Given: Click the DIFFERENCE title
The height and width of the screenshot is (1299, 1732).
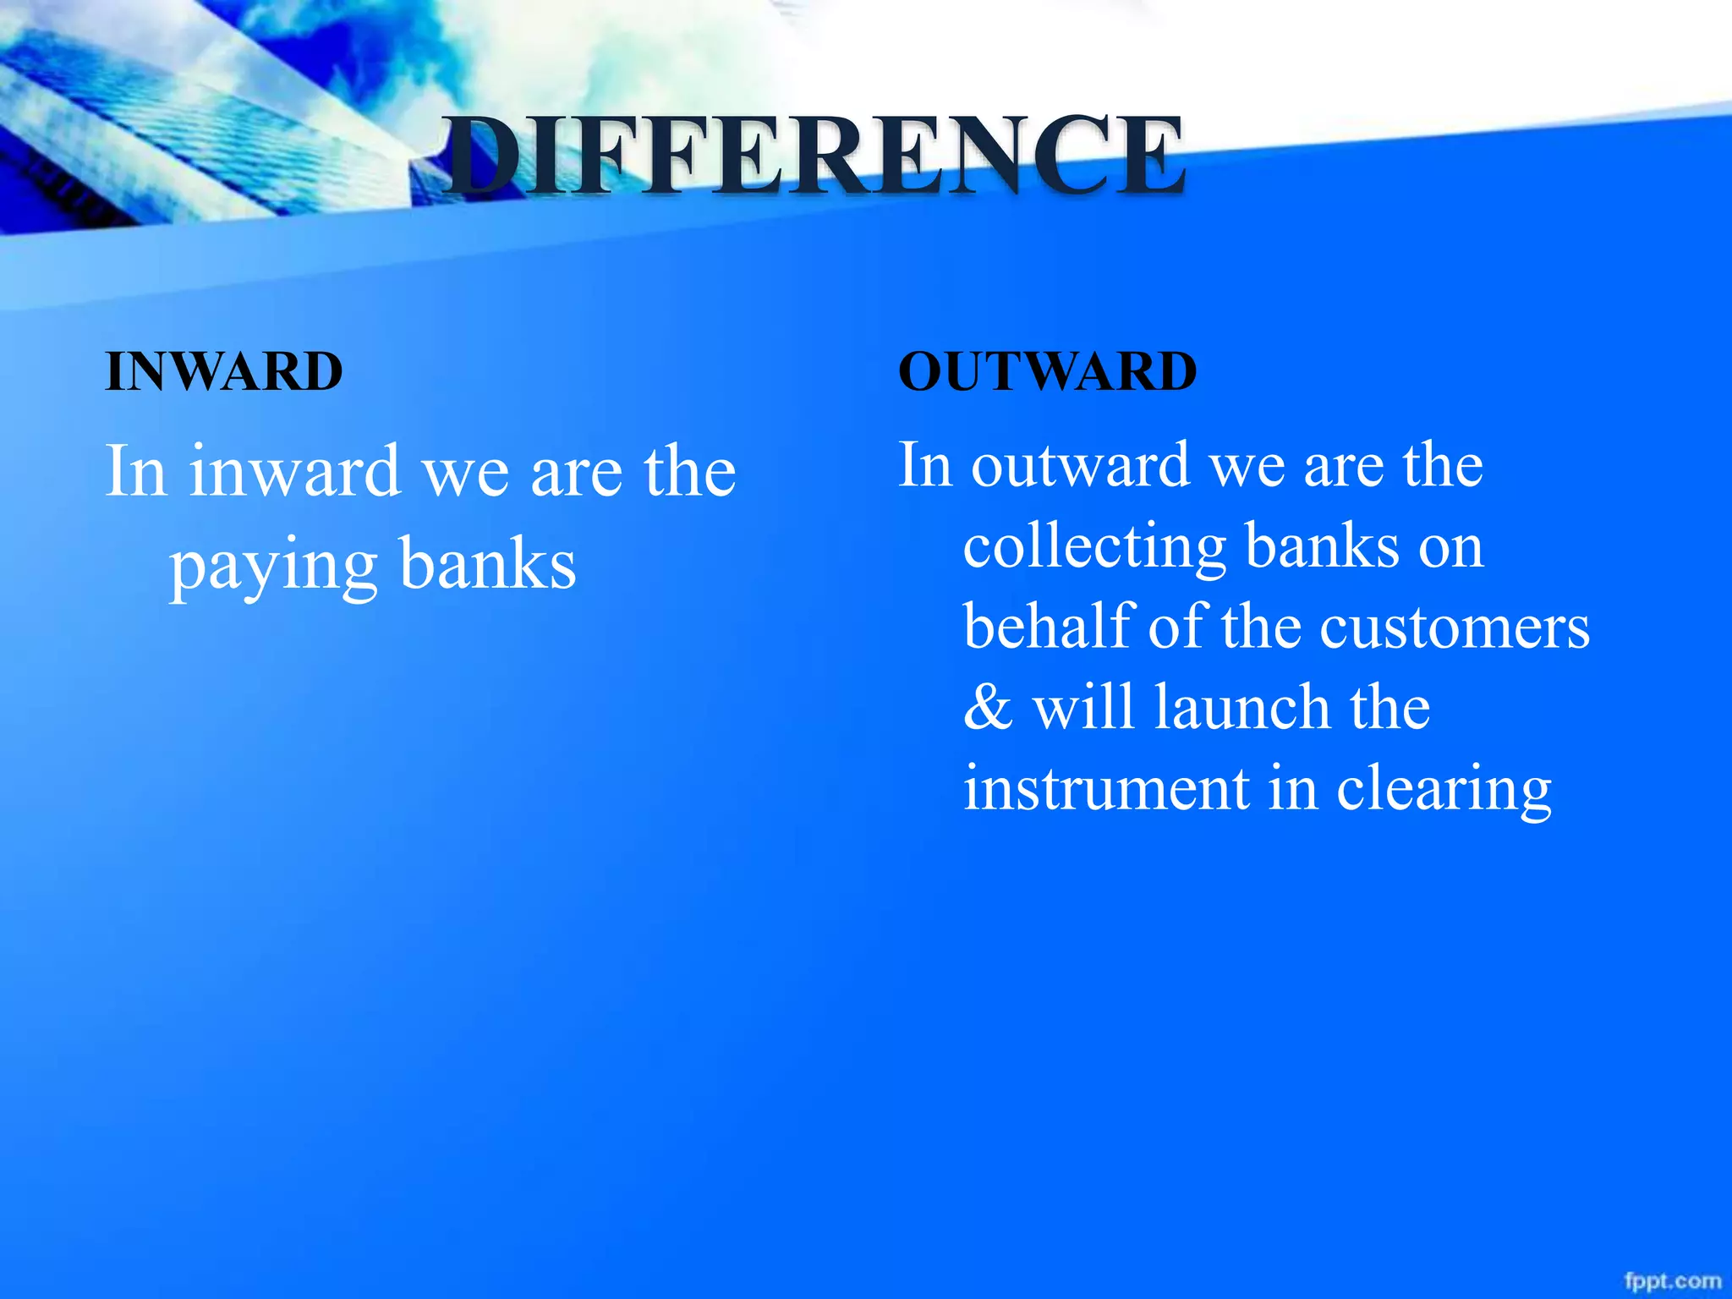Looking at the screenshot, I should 814,157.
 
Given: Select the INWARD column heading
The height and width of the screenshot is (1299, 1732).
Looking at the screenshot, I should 223,371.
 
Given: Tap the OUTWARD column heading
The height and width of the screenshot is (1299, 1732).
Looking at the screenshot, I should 1047,371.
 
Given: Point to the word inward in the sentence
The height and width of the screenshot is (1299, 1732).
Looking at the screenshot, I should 293,471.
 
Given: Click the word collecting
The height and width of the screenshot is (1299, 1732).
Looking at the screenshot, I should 1094,547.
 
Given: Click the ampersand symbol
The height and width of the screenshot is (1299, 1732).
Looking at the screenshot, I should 988,707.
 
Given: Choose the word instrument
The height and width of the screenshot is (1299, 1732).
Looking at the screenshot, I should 1106,788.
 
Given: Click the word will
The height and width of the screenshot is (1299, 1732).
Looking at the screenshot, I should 1082,707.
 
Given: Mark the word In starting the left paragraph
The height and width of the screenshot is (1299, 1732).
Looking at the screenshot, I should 134,471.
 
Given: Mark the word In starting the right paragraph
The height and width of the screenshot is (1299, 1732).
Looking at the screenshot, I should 924,465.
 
